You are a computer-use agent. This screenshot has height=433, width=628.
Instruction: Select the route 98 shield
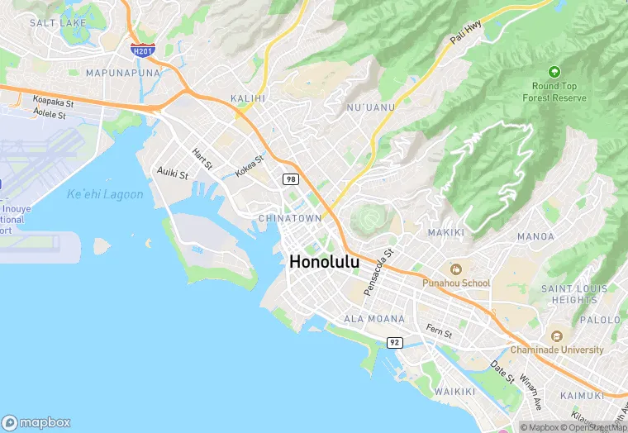(x=290, y=179)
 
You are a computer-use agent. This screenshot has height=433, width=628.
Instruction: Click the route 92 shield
(x=395, y=341)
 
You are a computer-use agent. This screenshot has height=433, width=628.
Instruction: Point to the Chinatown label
(x=289, y=218)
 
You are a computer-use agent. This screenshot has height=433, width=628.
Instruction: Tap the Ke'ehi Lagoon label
(x=104, y=195)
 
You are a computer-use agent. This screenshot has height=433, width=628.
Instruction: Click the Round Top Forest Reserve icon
(x=554, y=73)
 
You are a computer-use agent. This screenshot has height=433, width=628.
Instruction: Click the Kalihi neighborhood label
(x=248, y=98)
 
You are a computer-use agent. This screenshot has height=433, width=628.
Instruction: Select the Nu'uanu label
(x=370, y=107)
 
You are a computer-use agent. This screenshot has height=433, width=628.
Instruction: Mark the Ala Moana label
(x=374, y=319)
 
